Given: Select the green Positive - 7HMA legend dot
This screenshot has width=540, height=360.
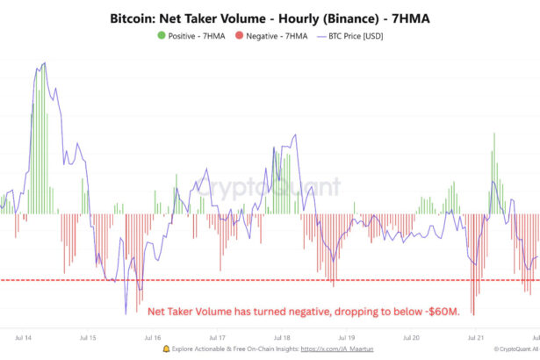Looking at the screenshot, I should click(161, 36).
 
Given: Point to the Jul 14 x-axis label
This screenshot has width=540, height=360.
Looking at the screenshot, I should click(25, 335).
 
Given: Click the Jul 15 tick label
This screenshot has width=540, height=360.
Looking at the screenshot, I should click(88, 335).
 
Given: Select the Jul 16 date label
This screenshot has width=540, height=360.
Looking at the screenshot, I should click(152, 335).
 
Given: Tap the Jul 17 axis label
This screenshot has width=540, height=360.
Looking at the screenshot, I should click(217, 335).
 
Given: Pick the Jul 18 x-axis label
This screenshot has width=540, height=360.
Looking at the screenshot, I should click(282, 335).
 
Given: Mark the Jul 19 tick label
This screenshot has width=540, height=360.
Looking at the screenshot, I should click(346, 335).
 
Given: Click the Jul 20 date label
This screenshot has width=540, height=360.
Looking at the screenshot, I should click(411, 335).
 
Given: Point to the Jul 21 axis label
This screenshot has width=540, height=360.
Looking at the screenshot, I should click(475, 335).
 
